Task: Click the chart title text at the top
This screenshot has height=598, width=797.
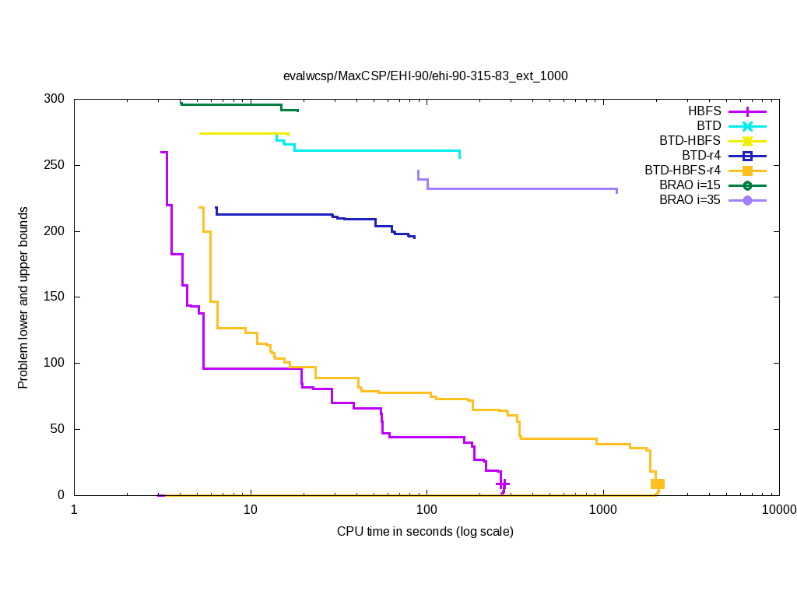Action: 425,76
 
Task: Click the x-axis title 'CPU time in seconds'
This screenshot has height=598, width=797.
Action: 425,532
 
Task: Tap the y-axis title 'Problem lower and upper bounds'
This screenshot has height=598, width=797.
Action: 23,297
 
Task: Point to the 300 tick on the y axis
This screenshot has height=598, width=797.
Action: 54,100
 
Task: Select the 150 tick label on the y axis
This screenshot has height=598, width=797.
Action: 54,297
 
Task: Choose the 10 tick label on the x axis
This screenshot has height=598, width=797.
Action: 251,511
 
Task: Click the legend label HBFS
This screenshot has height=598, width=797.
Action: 704,111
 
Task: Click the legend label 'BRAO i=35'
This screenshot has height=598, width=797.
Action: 690,200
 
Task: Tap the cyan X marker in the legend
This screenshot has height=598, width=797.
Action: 747,126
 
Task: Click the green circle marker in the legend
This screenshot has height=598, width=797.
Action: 747,185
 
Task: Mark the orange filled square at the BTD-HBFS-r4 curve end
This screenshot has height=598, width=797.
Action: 658,484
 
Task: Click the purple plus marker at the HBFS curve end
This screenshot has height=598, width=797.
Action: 503,484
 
